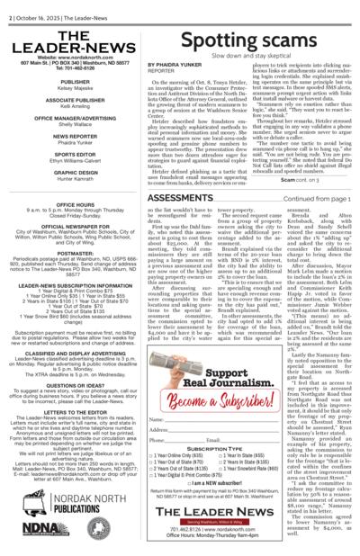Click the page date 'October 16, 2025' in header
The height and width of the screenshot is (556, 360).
pos(39,5)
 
